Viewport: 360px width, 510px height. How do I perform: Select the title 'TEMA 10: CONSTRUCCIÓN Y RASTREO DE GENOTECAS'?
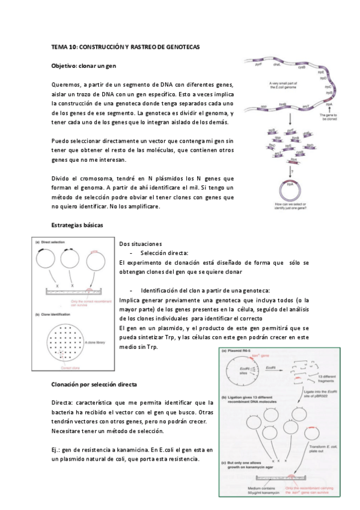tap(125, 46)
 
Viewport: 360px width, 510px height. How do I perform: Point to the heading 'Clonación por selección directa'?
tap(93, 384)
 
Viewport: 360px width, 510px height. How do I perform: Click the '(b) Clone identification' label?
tap(55, 313)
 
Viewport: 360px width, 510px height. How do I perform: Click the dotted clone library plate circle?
tap(64, 342)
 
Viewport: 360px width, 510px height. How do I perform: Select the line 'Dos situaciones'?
tap(141, 244)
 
